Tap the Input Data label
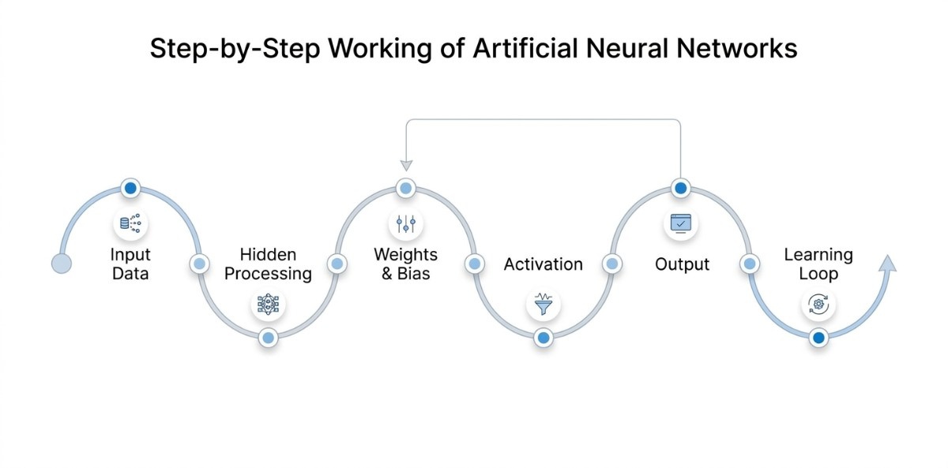[130, 264]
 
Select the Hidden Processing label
[268, 264]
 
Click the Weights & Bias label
[405, 264]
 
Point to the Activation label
[544, 264]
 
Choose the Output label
[682, 264]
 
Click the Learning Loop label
[818, 264]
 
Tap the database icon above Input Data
[130, 224]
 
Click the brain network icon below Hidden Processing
[268, 304]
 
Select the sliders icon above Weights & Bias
[405, 224]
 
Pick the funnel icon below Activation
[543, 304]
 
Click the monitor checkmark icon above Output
[681, 224]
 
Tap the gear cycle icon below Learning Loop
[818, 304]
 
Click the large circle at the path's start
[61, 264]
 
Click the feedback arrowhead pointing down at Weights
[406, 165]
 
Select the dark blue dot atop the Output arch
[681, 189]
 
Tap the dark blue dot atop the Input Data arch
[130, 189]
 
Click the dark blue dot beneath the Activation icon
[543, 338]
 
